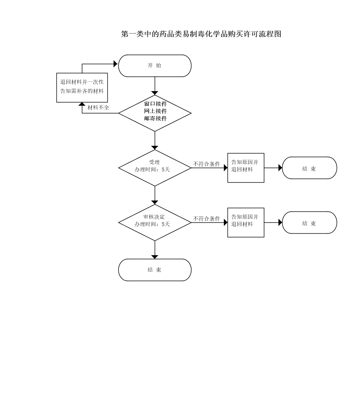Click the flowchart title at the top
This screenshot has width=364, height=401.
pos(201,34)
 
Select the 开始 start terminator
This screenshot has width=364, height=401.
pos(155,66)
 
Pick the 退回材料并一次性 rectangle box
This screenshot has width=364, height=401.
pos(82,87)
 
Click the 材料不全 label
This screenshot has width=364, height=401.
pos(98,108)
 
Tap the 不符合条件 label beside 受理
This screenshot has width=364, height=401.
pos(206,164)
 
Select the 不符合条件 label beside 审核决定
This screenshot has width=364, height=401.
pos(206,219)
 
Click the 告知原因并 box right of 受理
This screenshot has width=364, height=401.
pos(246,168)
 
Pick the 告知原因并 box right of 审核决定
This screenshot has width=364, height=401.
pos(246,222)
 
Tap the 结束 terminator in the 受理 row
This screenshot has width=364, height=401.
pos(309,168)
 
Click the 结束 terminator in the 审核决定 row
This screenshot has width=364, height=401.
pos(309,223)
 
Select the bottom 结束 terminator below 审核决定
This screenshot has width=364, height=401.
pos(155,270)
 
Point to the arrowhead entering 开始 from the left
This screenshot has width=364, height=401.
pos(116,64)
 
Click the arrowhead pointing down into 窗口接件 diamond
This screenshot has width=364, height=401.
pos(155,93)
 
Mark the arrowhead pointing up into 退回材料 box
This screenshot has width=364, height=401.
pos(82,104)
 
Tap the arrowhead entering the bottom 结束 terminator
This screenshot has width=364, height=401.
pos(155,257)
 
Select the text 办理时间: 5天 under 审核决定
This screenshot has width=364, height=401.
pos(152,224)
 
